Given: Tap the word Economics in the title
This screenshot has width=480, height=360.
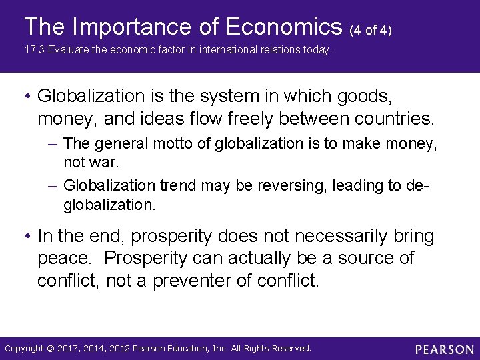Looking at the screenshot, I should click(x=283, y=27).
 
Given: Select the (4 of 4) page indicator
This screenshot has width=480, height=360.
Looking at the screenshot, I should click(x=371, y=30).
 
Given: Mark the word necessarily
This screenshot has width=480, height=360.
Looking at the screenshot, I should click(x=331, y=237).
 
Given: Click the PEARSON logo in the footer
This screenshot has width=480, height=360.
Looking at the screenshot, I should click(x=445, y=349).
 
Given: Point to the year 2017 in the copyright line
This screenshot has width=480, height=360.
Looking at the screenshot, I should click(x=70, y=349).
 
